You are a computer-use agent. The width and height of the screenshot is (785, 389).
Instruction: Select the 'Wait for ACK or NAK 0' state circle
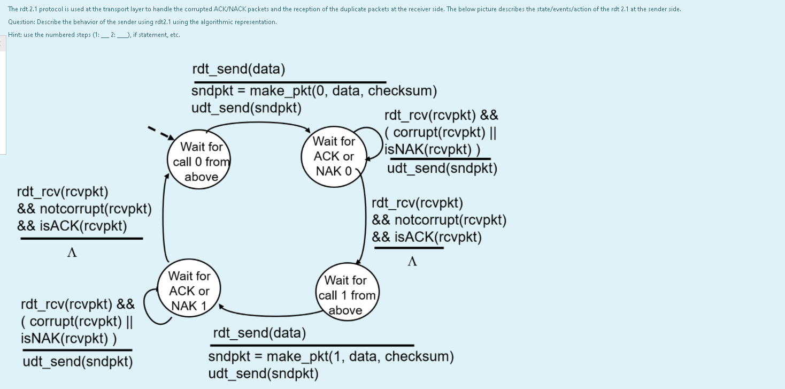point(334,156)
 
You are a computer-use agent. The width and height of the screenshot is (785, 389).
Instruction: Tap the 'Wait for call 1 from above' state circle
point(347,295)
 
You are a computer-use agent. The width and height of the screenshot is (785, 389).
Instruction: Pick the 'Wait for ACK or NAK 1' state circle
point(189,291)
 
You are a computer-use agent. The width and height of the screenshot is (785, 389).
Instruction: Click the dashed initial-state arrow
point(160,133)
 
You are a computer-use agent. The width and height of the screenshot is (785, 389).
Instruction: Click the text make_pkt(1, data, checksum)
point(331,356)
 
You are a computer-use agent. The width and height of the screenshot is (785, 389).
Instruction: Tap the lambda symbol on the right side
point(412,261)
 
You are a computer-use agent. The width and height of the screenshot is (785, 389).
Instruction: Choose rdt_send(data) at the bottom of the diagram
point(259,333)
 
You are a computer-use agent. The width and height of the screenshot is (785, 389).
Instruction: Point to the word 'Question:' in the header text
point(22,22)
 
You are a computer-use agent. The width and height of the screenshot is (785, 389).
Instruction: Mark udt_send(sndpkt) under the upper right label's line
point(442,169)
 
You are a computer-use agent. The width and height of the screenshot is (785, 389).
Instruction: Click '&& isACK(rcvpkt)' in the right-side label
point(427,237)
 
